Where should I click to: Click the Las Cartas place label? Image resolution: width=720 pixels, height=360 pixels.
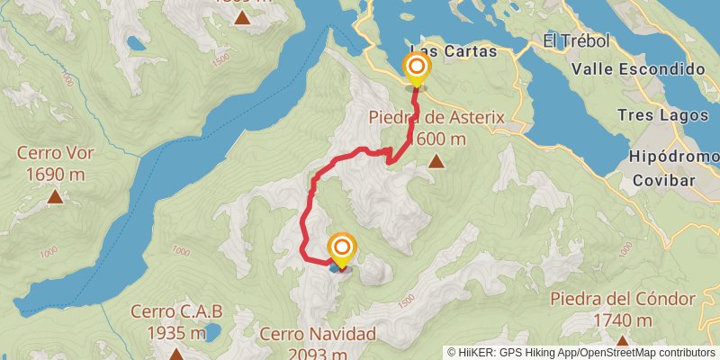pyautogui.click(x=453, y=51)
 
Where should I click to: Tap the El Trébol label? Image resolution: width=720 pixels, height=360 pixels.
pyautogui.click(x=577, y=41)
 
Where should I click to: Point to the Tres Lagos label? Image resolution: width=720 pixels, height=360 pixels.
pyautogui.click(x=657, y=115)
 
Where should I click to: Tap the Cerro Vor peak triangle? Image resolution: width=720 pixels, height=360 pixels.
pyautogui.click(x=55, y=195)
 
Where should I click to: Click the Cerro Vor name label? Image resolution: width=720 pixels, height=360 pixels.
pyautogui.click(x=55, y=152)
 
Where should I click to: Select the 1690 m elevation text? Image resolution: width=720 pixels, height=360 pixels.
pyautogui.click(x=55, y=173)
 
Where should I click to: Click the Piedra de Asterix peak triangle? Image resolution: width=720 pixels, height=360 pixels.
pyautogui.click(x=436, y=162)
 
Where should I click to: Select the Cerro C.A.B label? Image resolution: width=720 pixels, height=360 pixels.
pyautogui.click(x=176, y=311)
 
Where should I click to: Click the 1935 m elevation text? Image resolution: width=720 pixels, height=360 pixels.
pyautogui.click(x=176, y=333)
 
